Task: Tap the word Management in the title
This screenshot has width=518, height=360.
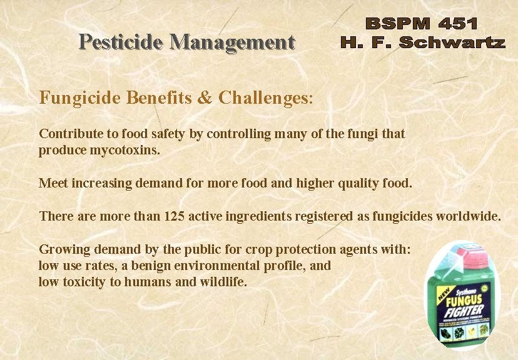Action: [232, 42]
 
